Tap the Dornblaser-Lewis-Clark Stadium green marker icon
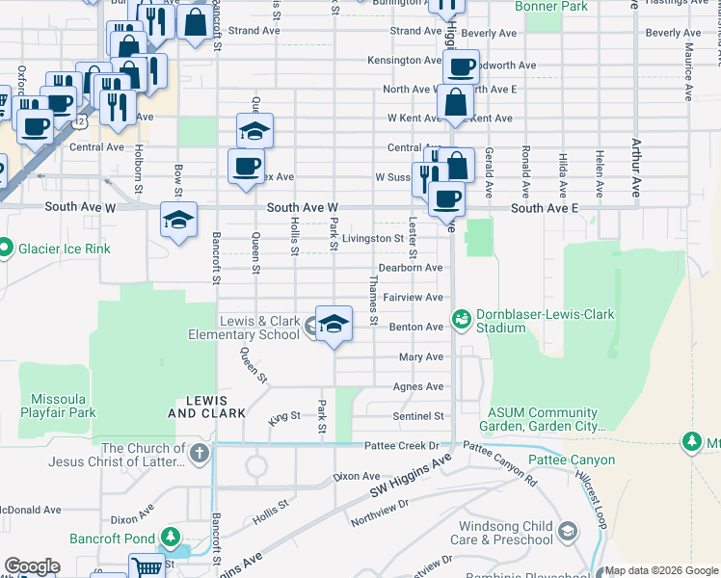pyautogui.click(x=461, y=318)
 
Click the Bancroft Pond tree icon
pyautogui.click(x=171, y=537)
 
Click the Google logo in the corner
pyautogui.click(x=32, y=566)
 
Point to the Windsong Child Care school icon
pyautogui.click(x=568, y=531)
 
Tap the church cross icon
pyautogui.click(x=199, y=454)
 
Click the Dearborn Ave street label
pyautogui.click(x=410, y=268)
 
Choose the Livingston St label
pyautogui.click(x=372, y=238)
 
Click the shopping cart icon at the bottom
pyautogui.click(x=146, y=567)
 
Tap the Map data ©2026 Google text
pyautogui.click(x=661, y=570)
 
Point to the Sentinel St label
pyautogui.click(x=418, y=416)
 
